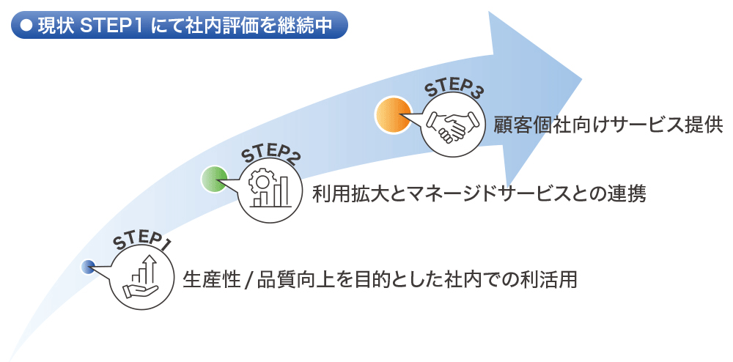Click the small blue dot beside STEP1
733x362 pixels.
pyautogui.click(x=87, y=267)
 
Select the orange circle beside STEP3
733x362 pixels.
pyautogui.click(x=393, y=115)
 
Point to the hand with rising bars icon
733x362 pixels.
pyautogui.click(x=142, y=276)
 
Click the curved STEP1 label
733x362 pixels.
pyautogui.click(x=141, y=242)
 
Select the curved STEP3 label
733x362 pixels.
pyautogui.click(x=452, y=87)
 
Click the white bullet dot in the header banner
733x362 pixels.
pyautogui.click(x=27, y=26)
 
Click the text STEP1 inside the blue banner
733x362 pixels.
pyautogui.click(x=111, y=26)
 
